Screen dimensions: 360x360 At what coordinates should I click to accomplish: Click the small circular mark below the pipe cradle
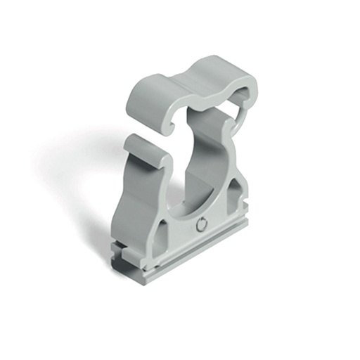tap(202, 225)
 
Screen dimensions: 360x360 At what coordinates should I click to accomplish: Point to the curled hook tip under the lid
tap(171, 127)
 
